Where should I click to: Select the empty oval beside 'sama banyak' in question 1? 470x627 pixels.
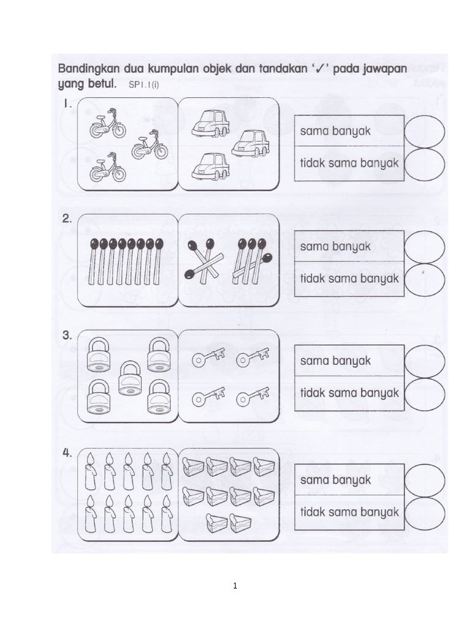pos(425,131)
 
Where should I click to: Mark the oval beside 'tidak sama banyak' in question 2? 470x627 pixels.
pos(425,279)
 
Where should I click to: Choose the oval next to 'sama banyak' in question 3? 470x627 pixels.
pos(425,361)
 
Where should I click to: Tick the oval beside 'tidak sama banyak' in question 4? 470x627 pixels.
pos(425,512)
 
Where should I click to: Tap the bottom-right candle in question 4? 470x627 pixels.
pos(166,514)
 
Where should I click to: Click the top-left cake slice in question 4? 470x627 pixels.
pos(194,467)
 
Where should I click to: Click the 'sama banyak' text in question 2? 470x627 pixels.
pos(335,246)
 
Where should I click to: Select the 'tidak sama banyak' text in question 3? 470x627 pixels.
pos(349,392)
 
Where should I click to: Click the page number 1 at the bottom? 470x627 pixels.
pos(234,586)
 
